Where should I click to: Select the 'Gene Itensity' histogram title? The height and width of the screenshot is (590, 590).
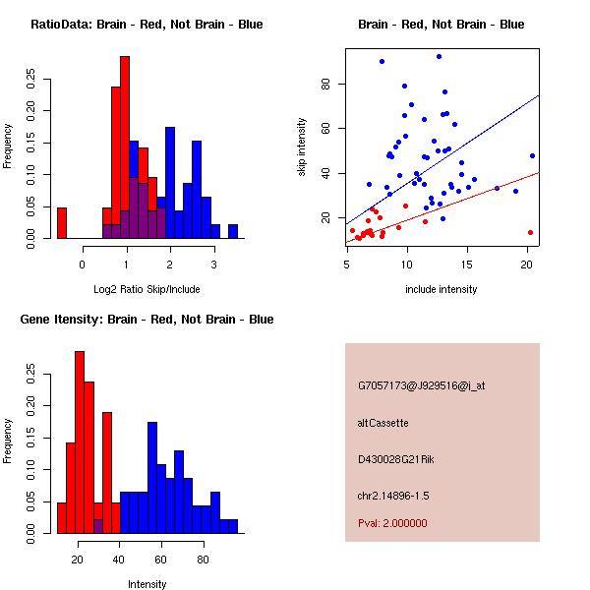[147, 320]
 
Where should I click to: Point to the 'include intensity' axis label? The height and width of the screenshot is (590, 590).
[442, 290]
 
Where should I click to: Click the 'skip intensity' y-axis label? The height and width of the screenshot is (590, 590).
[302, 147]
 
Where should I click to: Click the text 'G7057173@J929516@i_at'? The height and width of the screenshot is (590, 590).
[421, 385]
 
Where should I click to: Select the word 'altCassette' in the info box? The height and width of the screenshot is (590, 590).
[383, 423]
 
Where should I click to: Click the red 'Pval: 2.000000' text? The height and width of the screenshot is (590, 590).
[392, 523]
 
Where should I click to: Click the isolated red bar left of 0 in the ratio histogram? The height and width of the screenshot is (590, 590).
[62, 223]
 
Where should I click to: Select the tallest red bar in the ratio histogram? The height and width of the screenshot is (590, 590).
[125, 147]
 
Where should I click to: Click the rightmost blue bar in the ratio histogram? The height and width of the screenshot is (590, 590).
[233, 232]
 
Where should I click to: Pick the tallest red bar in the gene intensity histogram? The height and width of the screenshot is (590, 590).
[80, 442]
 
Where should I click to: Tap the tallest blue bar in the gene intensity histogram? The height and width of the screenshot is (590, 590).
[152, 477]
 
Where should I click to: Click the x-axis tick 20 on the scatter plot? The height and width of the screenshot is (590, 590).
[527, 265]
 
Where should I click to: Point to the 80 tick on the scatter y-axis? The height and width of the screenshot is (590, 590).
[324, 84]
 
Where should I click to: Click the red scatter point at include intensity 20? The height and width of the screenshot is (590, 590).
[530, 232]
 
